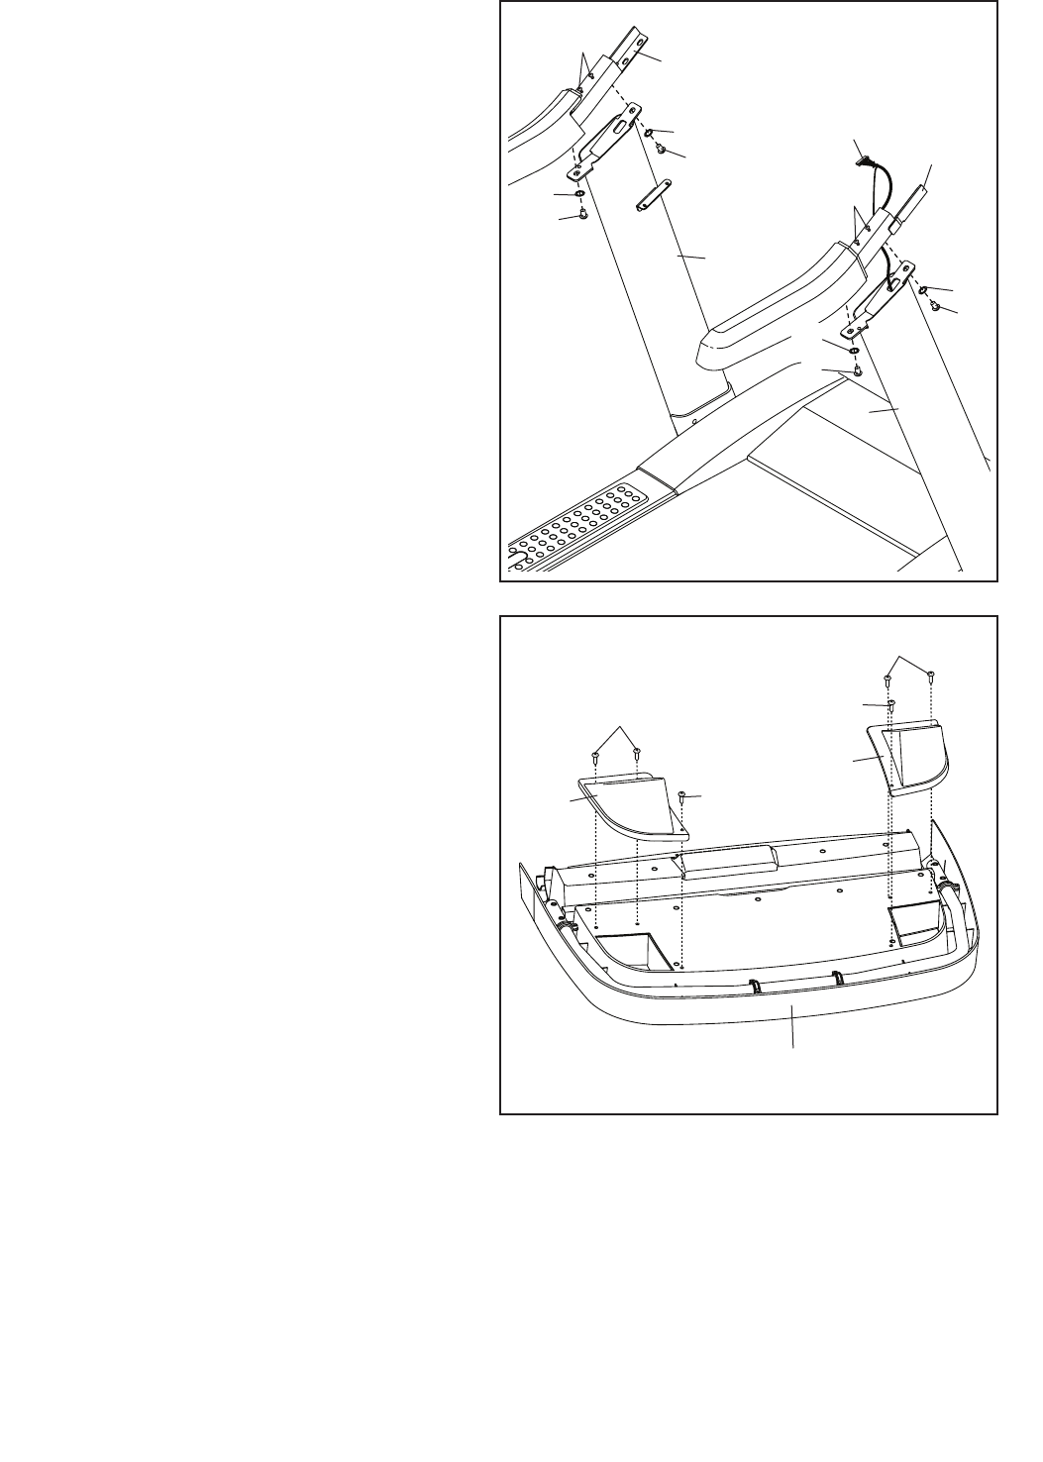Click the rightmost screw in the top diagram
point(934,305)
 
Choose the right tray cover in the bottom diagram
point(906,758)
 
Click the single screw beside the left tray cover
point(682,795)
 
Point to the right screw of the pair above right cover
point(931,677)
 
